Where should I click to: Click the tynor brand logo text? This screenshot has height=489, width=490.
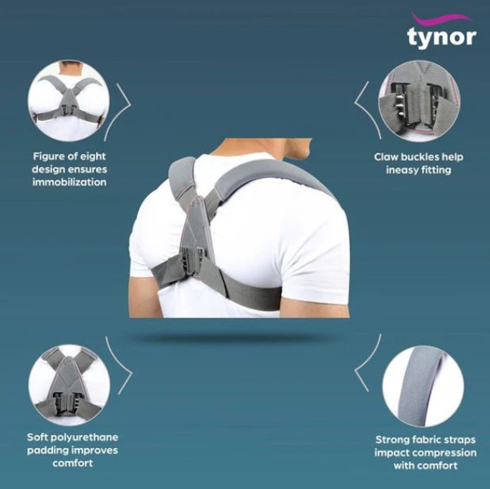[442, 38]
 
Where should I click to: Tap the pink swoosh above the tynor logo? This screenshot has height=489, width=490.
[441, 18]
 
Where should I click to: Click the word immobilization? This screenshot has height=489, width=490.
[70, 182]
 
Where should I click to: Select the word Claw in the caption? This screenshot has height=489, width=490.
[386, 157]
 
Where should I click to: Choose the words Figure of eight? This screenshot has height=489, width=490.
[70, 157]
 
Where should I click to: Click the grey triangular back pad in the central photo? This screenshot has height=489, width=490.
[195, 225]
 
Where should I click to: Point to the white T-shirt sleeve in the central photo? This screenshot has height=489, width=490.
[316, 256]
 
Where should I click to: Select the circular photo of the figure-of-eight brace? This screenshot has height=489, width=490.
[69, 101]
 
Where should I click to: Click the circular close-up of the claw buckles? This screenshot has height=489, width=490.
[420, 101]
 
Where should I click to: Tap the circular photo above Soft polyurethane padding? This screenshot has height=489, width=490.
[69, 385]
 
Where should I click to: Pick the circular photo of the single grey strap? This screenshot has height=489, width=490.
[423, 387]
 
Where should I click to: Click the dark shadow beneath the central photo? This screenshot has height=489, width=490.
[231, 338]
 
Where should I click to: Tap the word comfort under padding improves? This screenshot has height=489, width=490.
[73, 463]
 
